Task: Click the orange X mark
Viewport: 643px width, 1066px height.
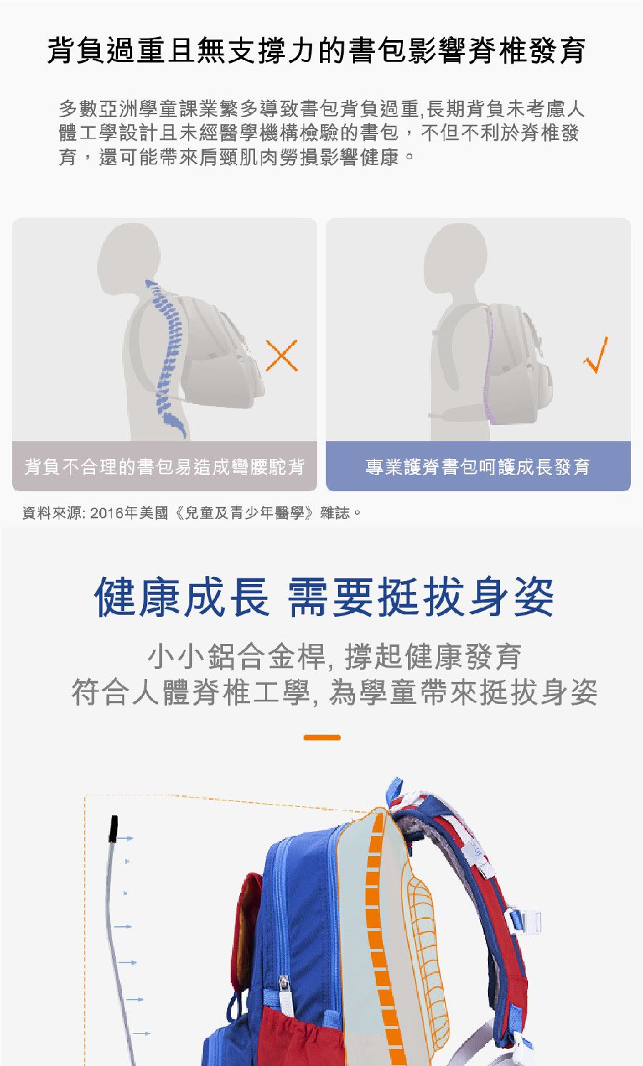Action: tap(281, 355)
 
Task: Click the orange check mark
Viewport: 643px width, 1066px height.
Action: tap(596, 355)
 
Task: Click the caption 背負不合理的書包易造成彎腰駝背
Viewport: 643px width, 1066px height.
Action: tap(164, 467)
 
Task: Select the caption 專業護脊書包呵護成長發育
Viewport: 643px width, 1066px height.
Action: tap(478, 467)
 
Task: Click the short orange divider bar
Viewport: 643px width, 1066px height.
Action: tap(322, 738)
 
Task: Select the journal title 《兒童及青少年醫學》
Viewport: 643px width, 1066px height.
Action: tap(244, 513)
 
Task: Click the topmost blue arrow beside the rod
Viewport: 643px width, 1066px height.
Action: tap(125, 838)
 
